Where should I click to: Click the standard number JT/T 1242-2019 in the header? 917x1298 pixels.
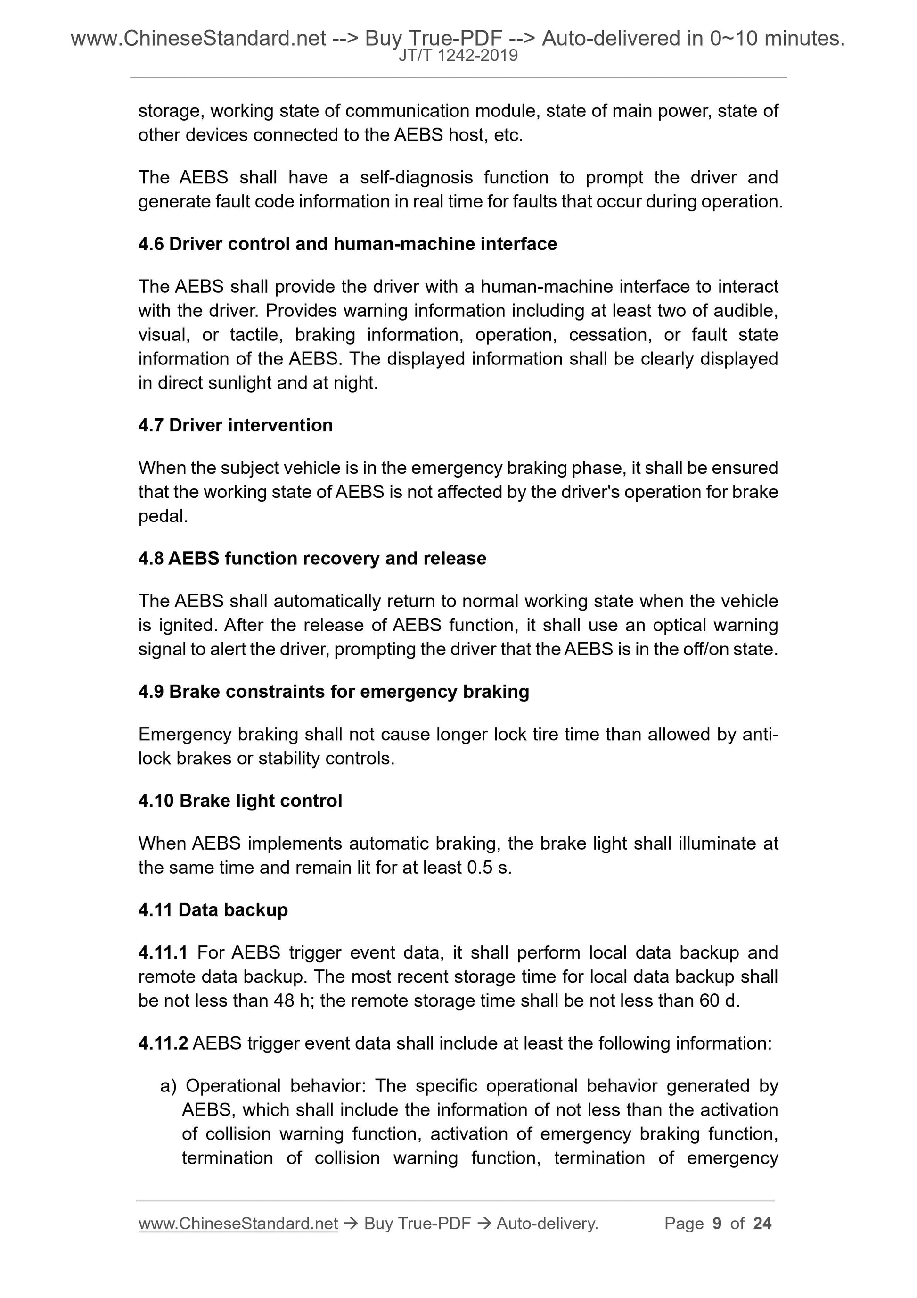[458, 56]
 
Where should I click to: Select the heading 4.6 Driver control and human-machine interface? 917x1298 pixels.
[347, 244]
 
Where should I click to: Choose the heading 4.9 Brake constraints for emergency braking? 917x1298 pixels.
[333, 691]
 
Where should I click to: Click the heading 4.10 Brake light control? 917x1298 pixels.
[240, 801]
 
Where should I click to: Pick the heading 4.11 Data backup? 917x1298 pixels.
[213, 909]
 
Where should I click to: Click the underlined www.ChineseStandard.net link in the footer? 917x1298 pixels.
[238, 1224]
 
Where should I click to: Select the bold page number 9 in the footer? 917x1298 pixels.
[717, 1224]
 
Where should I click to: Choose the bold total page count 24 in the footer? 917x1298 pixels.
[762, 1224]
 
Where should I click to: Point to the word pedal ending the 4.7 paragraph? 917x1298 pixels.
[162, 516]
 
